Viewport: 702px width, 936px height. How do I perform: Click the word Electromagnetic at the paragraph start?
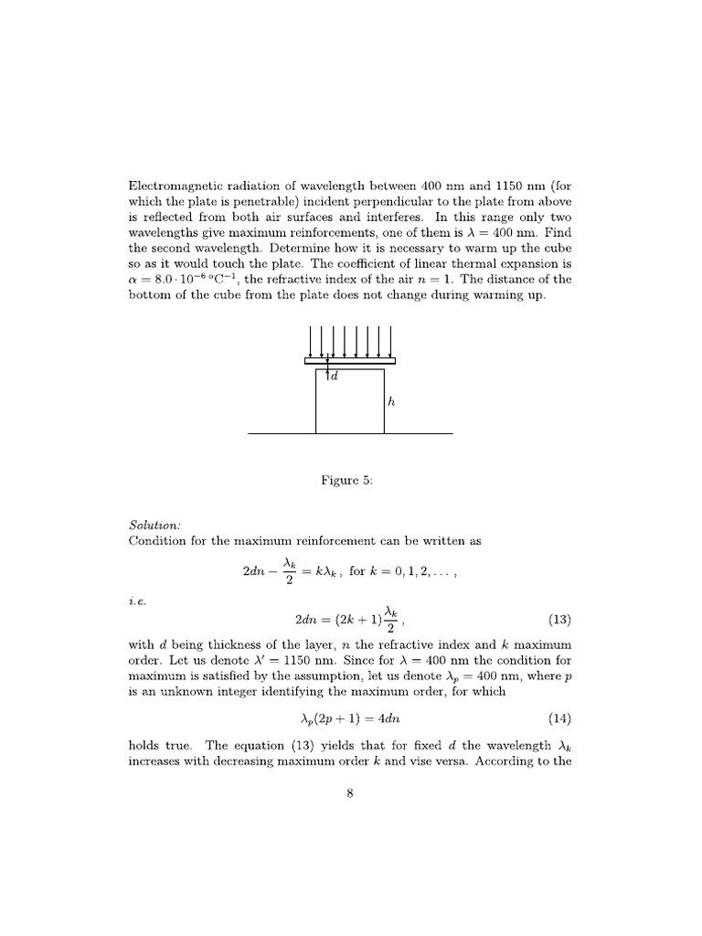pyautogui.click(x=170, y=186)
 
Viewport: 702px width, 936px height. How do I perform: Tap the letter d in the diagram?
pyautogui.click(x=334, y=377)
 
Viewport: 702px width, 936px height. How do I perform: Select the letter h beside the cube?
pyautogui.click(x=391, y=400)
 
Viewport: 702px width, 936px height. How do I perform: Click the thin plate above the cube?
pyautogui.click(x=350, y=361)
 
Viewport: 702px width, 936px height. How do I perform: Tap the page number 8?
pyautogui.click(x=350, y=792)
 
